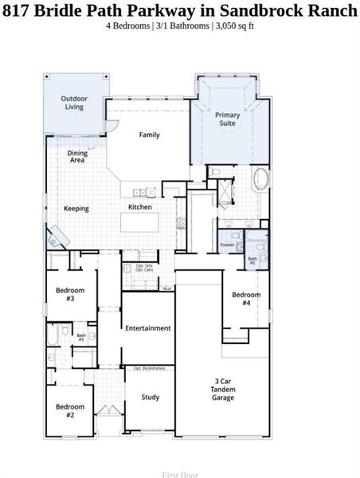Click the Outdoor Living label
[74, 103]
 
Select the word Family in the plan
[150, 135]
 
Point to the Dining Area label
[77, 156]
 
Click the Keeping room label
[76, 209]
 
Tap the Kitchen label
[140, 207]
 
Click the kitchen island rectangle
[147, 222]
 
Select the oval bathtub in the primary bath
[260, 178]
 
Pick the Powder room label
[227, 245]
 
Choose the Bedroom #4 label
[246, 299]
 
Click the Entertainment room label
[148, 328]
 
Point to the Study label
[151, 397]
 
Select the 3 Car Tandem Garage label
[222, 389]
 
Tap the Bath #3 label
[81, 338]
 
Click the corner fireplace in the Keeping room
[57, 236]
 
